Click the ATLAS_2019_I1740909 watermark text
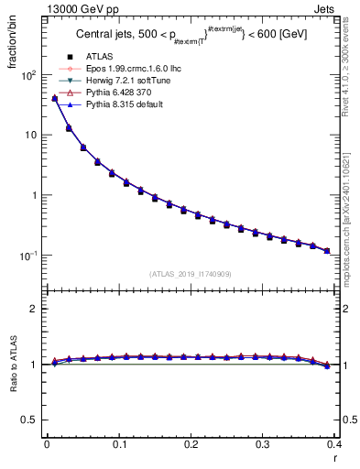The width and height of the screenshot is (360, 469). click(191, 274)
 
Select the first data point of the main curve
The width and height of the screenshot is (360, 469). click(54, 98)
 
